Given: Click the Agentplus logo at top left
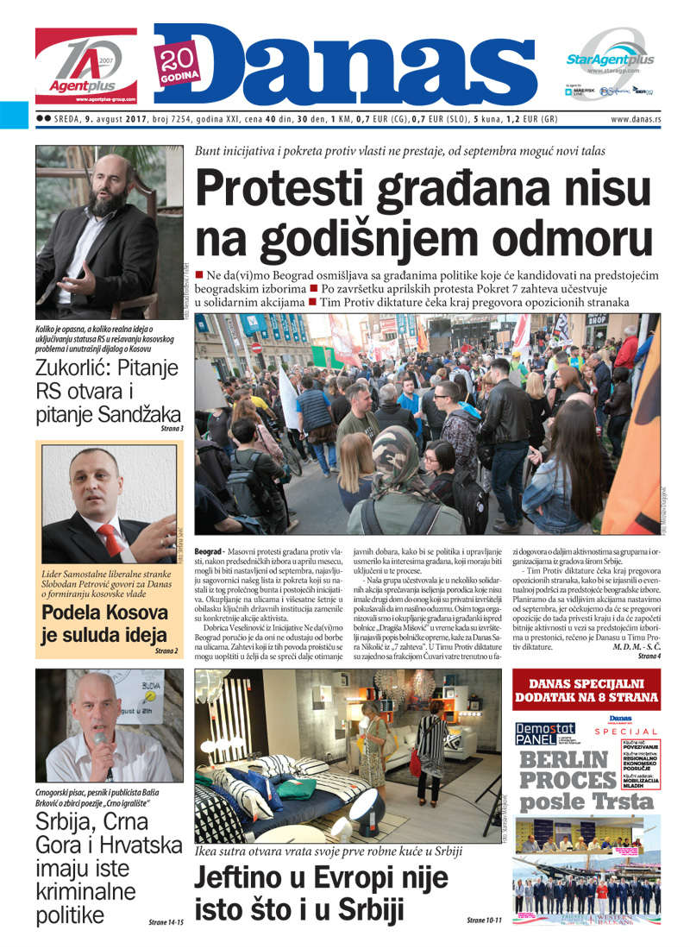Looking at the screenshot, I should click(x=85, y=66).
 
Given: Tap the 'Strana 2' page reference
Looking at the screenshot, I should click(x=166, y=650).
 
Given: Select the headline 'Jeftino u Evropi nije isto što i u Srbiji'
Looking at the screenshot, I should click(x=321, y=894).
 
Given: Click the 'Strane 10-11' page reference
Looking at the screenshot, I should click(x=484, y=921).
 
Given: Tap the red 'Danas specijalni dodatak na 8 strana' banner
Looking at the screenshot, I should click(x=586, y=693).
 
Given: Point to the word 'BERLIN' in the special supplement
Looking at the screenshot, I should click(x=564, y=760).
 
